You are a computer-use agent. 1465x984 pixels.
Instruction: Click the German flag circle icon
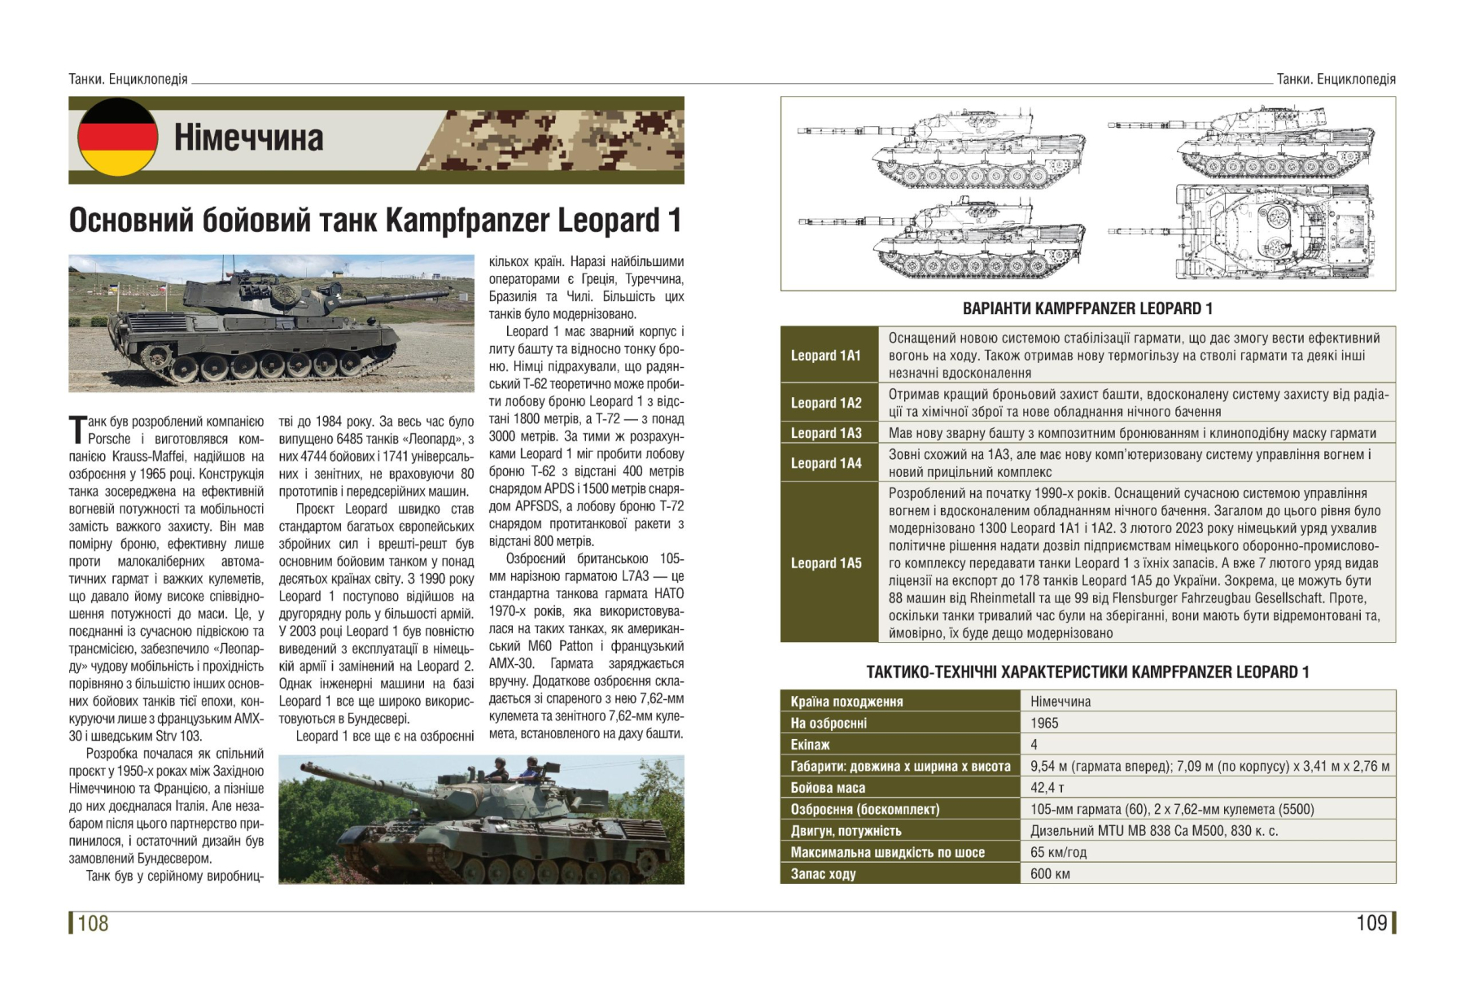click(x=117, y=138)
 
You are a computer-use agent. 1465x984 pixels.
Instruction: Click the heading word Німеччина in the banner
click(x=248, y=138)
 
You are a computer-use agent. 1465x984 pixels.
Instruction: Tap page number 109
click(x=1371, y=923)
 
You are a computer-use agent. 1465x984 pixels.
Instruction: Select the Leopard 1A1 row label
click(x=825, y=356)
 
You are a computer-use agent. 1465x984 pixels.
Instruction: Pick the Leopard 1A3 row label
click(x=825, y=433)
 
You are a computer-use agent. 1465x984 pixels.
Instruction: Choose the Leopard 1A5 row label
click(x=825, y=563)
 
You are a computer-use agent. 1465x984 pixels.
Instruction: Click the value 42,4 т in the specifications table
click(x=1047, y=788)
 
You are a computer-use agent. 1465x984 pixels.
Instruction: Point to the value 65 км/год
click(x=1058, y=852)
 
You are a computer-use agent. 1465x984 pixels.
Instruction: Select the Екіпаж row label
click(x=810, y=745)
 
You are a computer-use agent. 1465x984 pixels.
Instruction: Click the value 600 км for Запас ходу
click(x=1050, y=874)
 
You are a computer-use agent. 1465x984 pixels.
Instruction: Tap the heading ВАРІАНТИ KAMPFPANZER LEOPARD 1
click(x=1087, y=308)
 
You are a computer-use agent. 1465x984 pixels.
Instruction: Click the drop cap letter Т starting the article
click(x=77, y=429)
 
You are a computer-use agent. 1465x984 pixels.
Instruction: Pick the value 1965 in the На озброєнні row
click(x=1044, y=723)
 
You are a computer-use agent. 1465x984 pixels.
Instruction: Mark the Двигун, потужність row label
click(x=846, y=831)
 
